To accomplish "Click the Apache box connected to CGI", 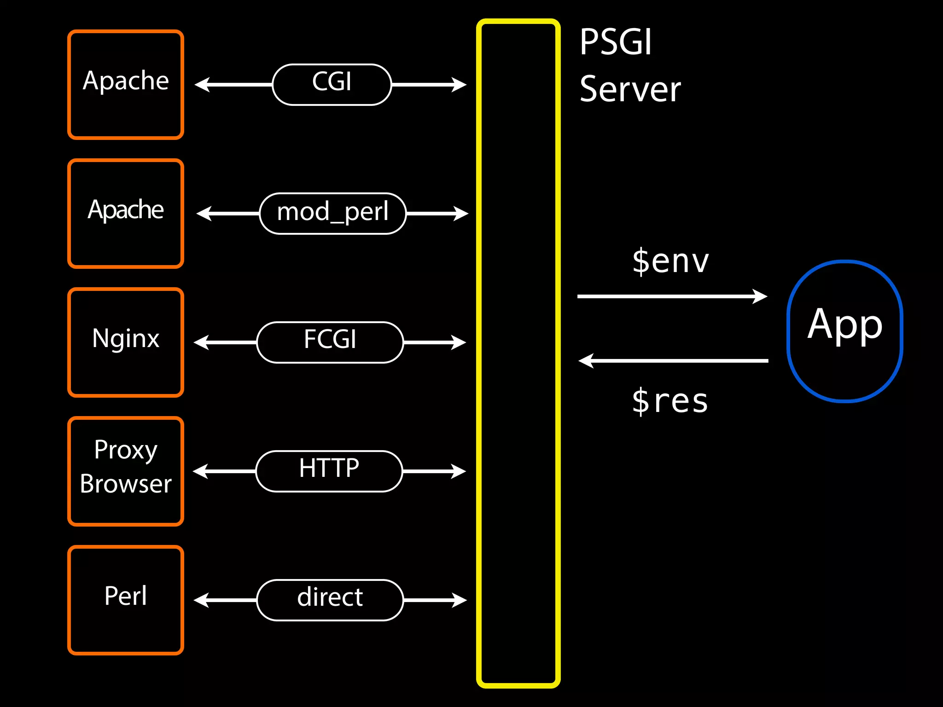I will [x=126, y=85].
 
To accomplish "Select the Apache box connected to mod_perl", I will [x=126, y=214].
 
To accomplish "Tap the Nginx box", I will [x=126, y=342].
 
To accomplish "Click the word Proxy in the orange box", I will [x=126, y=450].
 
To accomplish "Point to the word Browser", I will [x=126, y=484].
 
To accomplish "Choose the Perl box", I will [x=126, y=600].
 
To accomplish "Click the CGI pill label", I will [x=332, y=85].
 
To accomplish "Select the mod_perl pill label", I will [x=332, y=214].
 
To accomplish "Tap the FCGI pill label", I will [x=330, y=342].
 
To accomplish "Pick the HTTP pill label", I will [x=329, y=471].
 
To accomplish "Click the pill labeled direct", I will [x=330, y=600].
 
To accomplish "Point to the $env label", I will [x=670, y=261].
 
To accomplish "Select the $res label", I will [x=669, y=401].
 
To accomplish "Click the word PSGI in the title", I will [x=616, y=42].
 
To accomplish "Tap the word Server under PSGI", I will [x=630, y=89].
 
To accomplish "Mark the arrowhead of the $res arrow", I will [x=586, y=361].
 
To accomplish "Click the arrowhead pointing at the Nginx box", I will [x=201, y=342].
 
